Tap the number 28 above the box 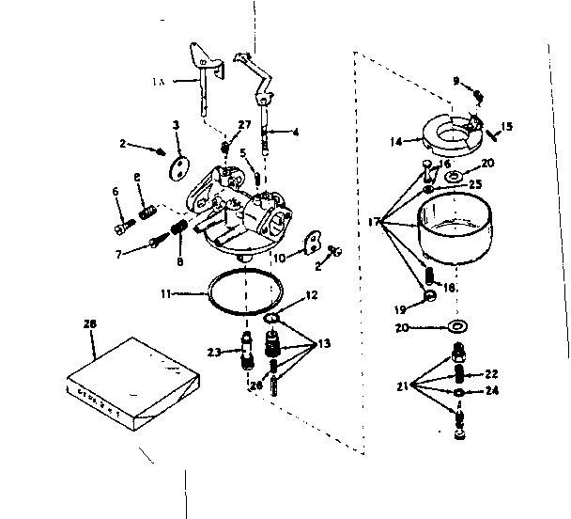pyautogui.click(x=90, y=324)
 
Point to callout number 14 pyautogui.click(x=394, y=141)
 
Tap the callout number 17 pyautogui.click(x=374, y=222)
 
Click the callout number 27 pyautogui.click(x=244, y=124)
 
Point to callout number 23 pyautogui.click(x=212, y=353)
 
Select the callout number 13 pyautogui.click(x=324, y=344)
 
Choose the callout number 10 pyautogui.click(x=279, y=258)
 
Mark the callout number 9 pyautogui.click(x=457, y=81)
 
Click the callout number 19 pyautogui.click(x=401, y=307)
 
